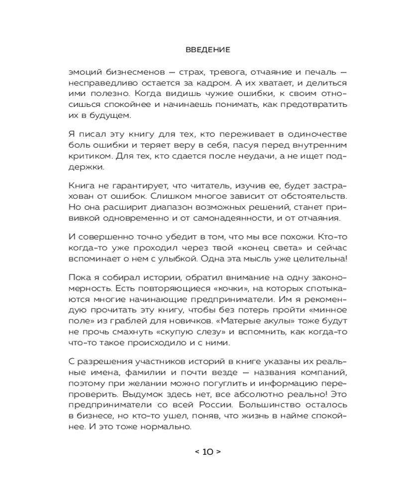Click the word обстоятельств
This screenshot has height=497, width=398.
pyautogui.click(x=296, y=197)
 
